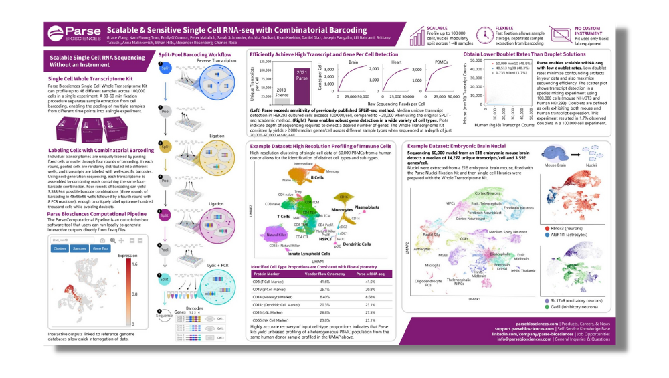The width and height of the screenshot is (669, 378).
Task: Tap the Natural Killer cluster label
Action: [277, 235]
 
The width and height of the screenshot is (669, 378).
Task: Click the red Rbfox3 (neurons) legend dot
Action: [547, 229]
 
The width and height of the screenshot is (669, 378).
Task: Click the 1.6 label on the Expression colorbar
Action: [134, 264]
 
